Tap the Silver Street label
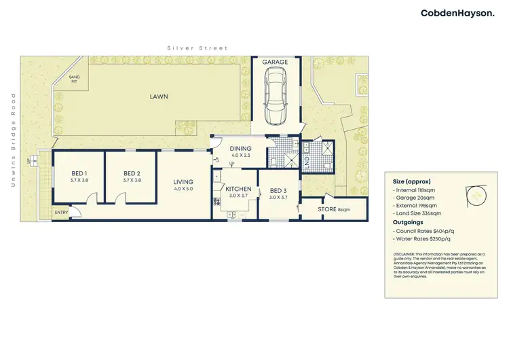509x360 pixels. tap(198, 48)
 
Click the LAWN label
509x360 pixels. tap(159, 96)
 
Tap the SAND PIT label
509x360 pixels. tap(74, 79)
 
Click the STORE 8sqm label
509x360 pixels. tap(333, 209)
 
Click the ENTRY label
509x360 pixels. tap(62, 213)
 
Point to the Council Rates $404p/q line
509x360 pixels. tap(424, 231)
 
